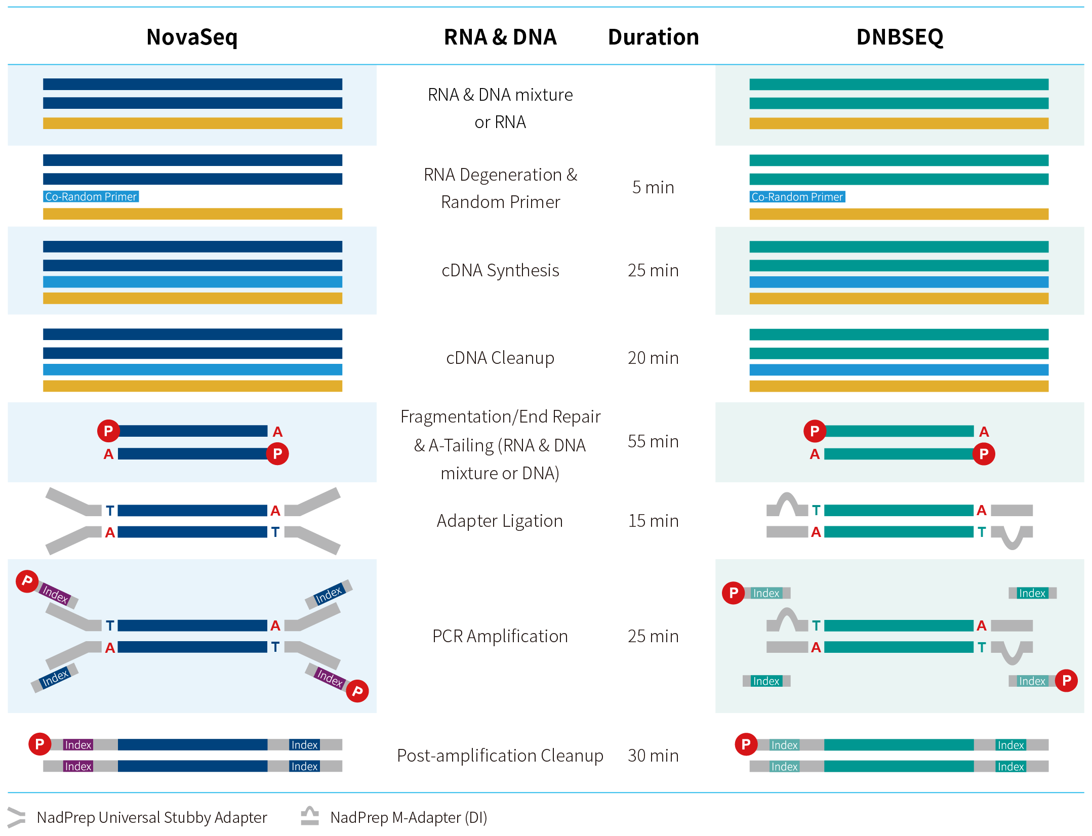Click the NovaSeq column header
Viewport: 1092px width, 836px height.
click(x=192, y=37)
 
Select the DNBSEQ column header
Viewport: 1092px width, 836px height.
click(x=900, y=37)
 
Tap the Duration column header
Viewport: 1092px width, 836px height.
click(x=653, y=37)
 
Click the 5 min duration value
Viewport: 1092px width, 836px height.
click(x=653, y=187)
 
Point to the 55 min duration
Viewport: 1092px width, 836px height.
click(x=653, y=441)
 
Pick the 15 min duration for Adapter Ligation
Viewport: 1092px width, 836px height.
click(x=653, y=521)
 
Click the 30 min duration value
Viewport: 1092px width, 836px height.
click(x=653, y=756)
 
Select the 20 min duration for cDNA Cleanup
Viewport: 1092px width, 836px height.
click(x=653, y=358)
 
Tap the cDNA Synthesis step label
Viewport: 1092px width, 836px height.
click(x=500, y=271)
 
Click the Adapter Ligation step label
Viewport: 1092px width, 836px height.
click(x=500, y=521)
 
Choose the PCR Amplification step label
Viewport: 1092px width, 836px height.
click(x=500, y=636)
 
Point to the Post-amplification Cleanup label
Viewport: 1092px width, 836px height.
click(x=500, y=756)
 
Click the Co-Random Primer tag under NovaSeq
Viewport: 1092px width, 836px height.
click(x=91, y=197)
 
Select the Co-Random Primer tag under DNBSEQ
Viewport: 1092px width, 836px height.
click(x=797, y=197)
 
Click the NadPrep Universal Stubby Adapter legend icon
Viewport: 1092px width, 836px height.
click(x=16, y=817)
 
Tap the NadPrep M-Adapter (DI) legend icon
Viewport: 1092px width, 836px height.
click(x=310, y=816)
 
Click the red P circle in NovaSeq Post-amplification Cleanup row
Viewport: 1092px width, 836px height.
click(x=39, y=744)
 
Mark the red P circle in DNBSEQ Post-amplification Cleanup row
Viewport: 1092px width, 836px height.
click(x=746, y=744)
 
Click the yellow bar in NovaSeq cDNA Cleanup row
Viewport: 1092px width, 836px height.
click(x=192, y=386)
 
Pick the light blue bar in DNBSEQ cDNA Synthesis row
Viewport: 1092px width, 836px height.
click(x=899, y=282)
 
